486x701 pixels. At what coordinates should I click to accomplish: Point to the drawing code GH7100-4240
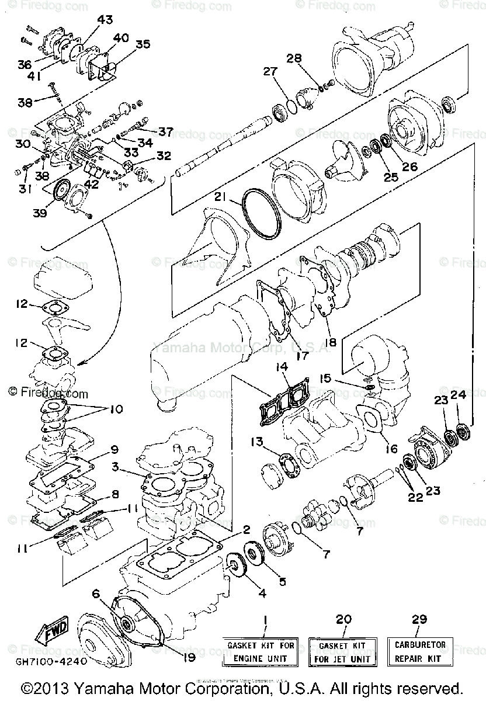click(51, 662)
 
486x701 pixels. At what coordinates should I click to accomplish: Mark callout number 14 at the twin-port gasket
click(282, 367)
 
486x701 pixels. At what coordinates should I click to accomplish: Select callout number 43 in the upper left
click(105, 20)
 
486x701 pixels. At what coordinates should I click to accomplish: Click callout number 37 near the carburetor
click(166, 132)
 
